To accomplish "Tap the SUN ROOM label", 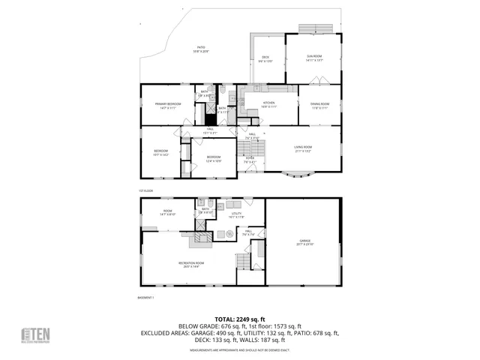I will pyautogui.click(x=313, y=58).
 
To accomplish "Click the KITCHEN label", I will pyautogui.click(x=268, y=106).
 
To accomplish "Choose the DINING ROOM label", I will pyautogui.click(x=319, y=106).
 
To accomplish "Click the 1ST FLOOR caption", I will pyautogui.click(x=145, y=190).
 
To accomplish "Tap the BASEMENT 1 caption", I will pyautogui.click(x=146, y=298).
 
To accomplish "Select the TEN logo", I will pyautogui.click(x=35, y=335).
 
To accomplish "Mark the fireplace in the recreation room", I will pyautogui.click(x=199, y=238).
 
